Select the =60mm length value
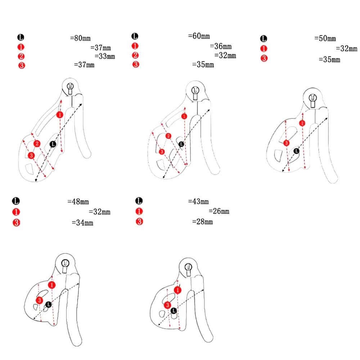[x=199, y=36]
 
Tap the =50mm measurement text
[x=325, y=39]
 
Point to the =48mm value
[x=78, y=202]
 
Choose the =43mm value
[x=198, y=202]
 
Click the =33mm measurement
[x=105, y=56]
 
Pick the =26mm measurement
[x=219, y=211]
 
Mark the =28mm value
[x=202, y=222]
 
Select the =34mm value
[x=82, y=223]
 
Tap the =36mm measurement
[x=221, y=46]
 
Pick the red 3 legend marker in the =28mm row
[x=139, y=222]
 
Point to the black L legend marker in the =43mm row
[x=139, y=201]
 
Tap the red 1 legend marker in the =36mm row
[x=135, y=46]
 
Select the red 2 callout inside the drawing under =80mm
[x=36, y=144]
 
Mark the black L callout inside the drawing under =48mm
[x=48, y=305]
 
